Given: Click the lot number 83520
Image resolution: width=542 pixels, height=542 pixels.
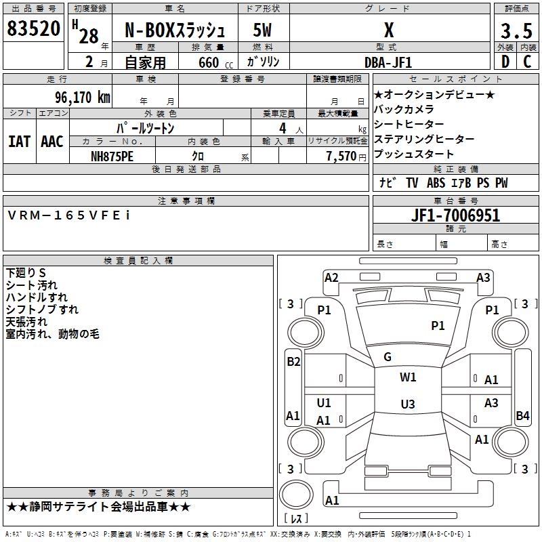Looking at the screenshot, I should [33, 29].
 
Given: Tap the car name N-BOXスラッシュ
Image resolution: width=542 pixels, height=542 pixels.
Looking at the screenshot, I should [175, 30].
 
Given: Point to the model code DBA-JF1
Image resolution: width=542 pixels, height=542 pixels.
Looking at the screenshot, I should [389, 62].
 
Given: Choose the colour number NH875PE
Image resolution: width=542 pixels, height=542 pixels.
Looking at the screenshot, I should [112, 155].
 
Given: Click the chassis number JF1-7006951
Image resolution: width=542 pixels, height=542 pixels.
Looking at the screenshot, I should [455, 215].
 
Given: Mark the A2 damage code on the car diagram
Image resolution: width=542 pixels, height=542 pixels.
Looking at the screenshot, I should [331, 277].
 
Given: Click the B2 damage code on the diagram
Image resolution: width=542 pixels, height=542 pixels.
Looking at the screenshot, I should [293, 361].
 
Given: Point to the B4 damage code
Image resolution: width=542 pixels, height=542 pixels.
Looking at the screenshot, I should [522, 415].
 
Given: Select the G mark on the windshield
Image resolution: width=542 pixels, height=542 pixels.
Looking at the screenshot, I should [388, 356].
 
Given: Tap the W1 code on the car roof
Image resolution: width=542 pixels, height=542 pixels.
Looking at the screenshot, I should [408, 377].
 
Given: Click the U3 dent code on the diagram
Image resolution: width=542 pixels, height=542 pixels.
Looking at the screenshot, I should [407, 404].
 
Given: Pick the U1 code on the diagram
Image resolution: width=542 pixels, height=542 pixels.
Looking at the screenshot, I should [324, 403].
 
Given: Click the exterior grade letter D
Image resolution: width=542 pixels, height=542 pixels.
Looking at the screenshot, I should [505, 62].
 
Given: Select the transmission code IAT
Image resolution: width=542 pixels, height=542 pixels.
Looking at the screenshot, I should [20, 142].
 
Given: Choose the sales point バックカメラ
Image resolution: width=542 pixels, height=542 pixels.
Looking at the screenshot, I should [404, 109].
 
